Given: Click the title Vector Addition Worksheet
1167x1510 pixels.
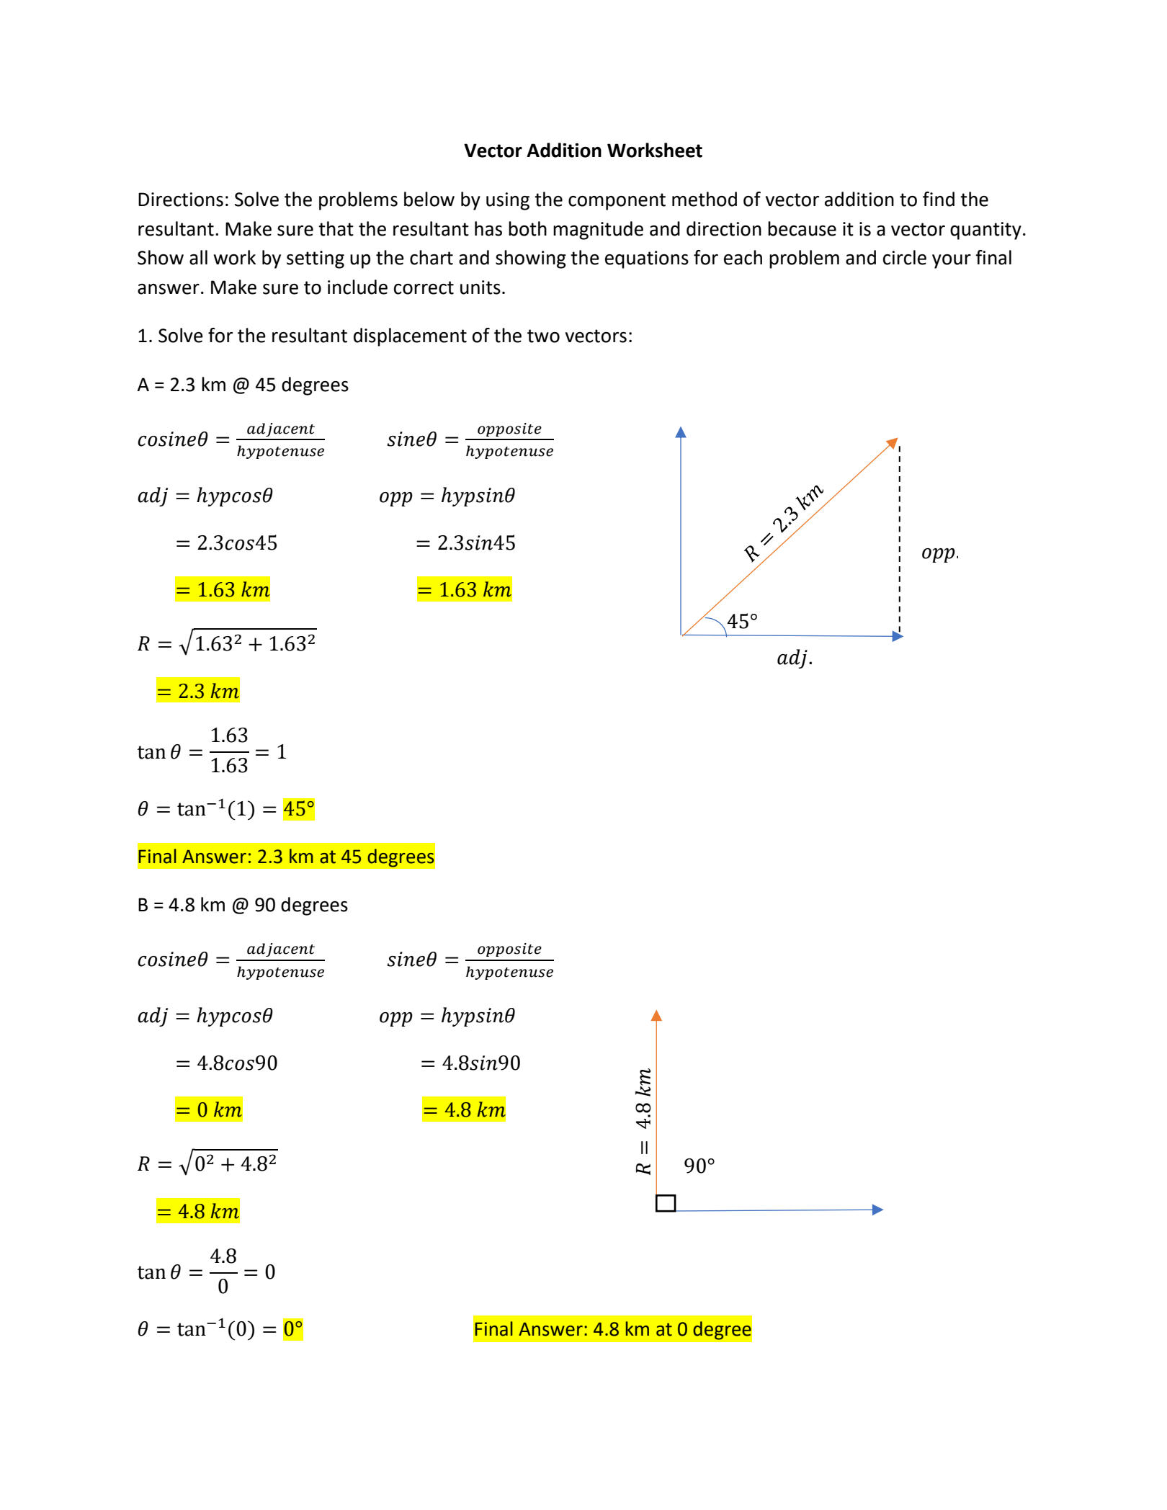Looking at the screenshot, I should pos(583,151).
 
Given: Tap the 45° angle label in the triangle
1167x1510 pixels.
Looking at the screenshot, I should pos(742,621).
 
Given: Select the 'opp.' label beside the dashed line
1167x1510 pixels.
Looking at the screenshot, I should pos(939,553).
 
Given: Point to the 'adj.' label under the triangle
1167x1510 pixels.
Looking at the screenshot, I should pos(794,658).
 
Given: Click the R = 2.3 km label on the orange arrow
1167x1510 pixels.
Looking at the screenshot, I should pos(783,523).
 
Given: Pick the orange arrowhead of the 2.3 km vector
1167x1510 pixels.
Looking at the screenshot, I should pos(892,442).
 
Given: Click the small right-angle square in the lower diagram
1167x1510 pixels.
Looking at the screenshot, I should pos(666,1203).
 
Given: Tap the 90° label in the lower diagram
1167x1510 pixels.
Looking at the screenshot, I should pos(699,1166).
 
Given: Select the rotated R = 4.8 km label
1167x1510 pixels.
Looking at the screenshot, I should pos(643,1121).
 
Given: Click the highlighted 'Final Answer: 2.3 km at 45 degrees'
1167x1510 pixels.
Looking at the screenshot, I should pos(286,856).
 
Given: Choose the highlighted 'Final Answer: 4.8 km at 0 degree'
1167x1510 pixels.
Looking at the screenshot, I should pos(612,1328).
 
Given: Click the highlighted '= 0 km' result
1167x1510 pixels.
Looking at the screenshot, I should pos(209,1109).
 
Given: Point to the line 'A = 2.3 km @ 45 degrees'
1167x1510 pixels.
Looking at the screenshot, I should pos(243,385).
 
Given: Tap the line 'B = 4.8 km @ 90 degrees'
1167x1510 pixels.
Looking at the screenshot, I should pos(243,905).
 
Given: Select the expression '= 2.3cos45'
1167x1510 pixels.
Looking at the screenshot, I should pos(226,542).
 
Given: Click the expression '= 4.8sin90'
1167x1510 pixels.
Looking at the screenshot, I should pos(470,1063).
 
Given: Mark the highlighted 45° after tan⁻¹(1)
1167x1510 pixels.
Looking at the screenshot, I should pos(299,809).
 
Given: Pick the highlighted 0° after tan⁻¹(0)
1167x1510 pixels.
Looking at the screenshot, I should pos(293,1329).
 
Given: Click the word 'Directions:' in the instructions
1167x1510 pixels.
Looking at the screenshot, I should pos(183,200).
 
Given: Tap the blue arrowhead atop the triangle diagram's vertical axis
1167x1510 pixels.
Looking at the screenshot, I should pos(681,432).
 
